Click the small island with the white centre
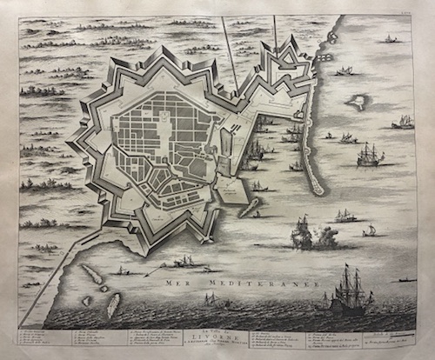click(357, 102)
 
